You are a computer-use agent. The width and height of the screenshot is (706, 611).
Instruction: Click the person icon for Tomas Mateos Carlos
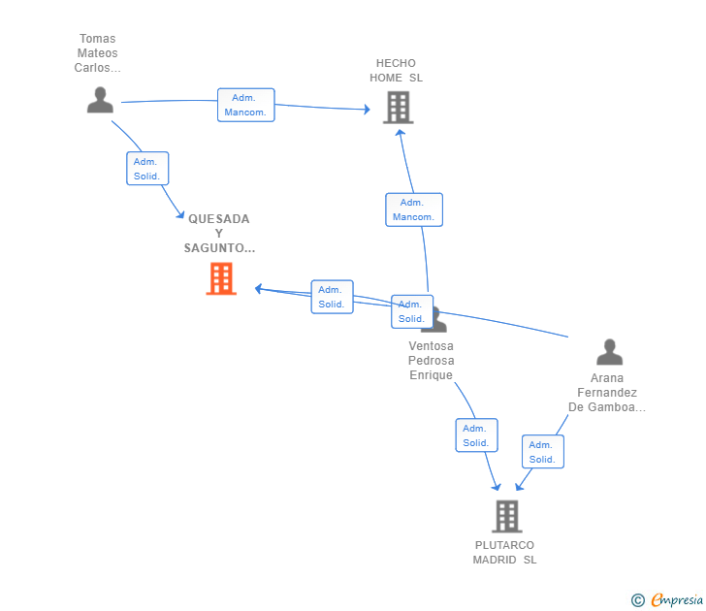point(100,100)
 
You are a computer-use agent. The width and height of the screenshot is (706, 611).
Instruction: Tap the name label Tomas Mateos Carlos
point(97,53)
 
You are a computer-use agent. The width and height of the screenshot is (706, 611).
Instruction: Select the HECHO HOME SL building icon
point(398,107)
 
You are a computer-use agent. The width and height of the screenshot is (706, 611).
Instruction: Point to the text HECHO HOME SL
point(396,71)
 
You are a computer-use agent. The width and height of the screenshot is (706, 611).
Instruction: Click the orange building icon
point(221,278)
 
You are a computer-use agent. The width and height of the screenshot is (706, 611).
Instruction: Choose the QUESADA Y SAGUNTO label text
point(219,233)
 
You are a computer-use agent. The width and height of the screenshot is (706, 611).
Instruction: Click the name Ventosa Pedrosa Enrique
point(431,360)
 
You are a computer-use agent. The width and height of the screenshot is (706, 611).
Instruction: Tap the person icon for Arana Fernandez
point(609,351)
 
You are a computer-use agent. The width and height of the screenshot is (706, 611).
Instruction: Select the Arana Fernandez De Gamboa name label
point(607,392)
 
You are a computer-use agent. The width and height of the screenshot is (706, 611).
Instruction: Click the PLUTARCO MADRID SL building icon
point(506,516)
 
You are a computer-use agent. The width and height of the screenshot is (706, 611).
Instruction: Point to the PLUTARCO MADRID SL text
point(504,553)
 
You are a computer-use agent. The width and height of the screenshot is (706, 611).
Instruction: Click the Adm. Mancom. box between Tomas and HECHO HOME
point(246,105)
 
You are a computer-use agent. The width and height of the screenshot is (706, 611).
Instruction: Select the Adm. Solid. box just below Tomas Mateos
point(147,168)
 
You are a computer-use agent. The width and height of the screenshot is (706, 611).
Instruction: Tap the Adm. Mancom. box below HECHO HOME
point(414,209)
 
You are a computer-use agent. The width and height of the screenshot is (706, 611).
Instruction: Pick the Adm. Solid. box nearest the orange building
point(332,297)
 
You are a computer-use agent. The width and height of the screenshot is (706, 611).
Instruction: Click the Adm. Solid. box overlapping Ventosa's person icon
point(411,311)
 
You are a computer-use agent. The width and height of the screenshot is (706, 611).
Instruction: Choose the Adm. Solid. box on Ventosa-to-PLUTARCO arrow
point(476,434)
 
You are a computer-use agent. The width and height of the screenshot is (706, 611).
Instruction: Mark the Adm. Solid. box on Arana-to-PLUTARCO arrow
point(542,451)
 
